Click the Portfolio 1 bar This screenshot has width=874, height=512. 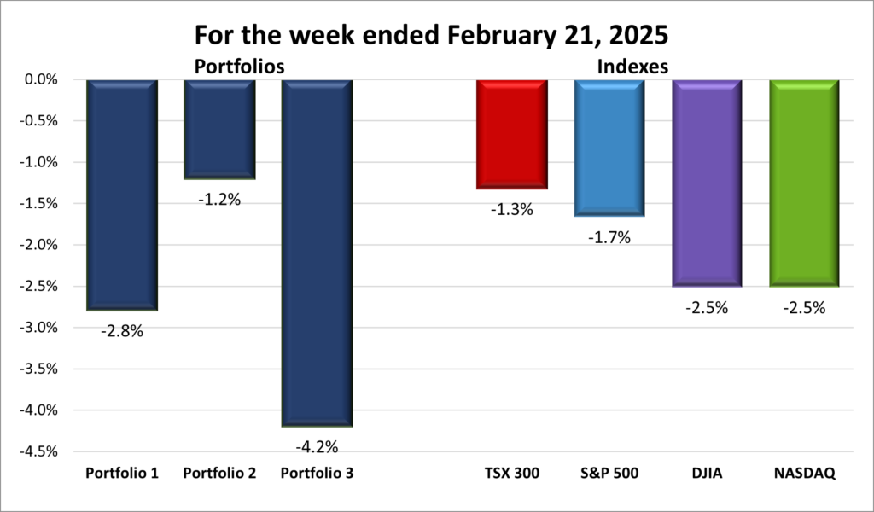122,195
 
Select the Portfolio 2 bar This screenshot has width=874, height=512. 220,130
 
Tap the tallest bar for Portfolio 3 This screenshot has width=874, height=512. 317,253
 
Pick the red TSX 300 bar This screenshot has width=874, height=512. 512,134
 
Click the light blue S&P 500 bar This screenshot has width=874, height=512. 609,148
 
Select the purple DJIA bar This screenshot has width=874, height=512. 707,183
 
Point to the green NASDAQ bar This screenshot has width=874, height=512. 805,183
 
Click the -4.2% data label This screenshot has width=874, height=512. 317,446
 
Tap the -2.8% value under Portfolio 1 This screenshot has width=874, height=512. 122,330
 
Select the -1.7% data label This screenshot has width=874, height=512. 609,238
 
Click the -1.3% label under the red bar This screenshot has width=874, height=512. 512,209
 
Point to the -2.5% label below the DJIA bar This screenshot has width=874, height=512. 707,308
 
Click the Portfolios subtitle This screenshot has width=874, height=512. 239,65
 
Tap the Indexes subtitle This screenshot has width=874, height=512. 632,65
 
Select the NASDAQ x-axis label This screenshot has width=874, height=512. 805,473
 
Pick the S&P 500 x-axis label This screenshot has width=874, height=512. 609,473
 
